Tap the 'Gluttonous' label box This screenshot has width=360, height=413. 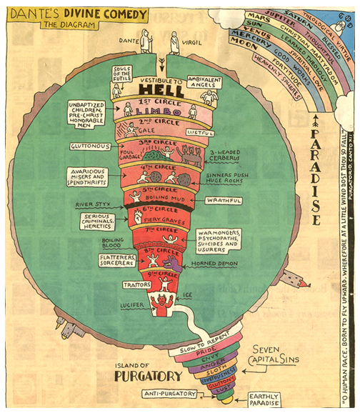(92, 146)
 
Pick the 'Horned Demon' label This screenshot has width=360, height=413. (215, 264)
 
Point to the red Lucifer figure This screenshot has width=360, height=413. (159, 308)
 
